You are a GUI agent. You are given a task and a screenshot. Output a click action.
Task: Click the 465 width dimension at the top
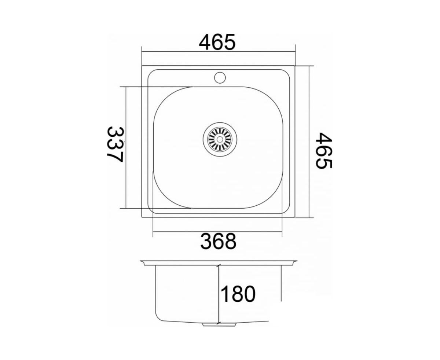[x=217, y=42]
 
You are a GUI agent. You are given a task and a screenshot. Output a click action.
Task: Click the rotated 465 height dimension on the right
[x=324, y=150]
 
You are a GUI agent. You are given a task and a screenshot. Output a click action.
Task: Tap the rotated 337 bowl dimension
[x=115, y=144]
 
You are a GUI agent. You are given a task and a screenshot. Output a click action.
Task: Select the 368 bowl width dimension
[x=218, y=241]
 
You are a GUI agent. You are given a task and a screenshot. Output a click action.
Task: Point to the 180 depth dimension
[x=238, y=294]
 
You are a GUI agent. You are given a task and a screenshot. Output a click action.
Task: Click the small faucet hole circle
[x=220, y=77]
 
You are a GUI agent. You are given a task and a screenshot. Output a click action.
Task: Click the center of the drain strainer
[x=220, y=139]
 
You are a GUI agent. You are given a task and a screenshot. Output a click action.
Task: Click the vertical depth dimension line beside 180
[x=219, y=297]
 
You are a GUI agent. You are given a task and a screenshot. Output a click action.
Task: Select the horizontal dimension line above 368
[x=217, y=231]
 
